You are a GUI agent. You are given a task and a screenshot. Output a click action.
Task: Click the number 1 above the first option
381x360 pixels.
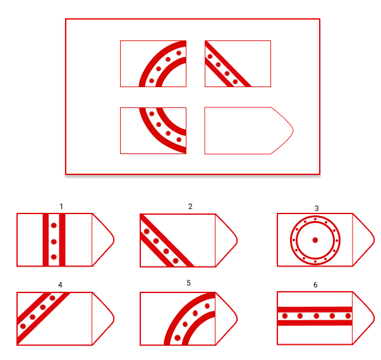pos(61,207)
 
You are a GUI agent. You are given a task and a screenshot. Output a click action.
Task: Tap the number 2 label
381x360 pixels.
pos(190,207)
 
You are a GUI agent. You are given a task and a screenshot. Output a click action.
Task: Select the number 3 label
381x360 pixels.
pos(317,208)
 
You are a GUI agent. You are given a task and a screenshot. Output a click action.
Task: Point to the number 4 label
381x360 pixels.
pos(60,285)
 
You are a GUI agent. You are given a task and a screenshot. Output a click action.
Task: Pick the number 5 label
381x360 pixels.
pos(188,283)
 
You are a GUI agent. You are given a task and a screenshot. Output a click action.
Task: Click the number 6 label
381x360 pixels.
pos(315,285)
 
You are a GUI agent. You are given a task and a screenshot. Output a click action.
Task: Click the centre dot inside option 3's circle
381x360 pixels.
pos(315,240)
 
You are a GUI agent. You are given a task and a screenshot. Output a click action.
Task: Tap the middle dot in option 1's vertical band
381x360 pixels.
pos(54,242)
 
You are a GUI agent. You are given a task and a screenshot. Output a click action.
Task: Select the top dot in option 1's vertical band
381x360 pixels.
pos(54,225)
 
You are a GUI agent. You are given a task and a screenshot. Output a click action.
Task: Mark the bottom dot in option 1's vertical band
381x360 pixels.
pos(54,257)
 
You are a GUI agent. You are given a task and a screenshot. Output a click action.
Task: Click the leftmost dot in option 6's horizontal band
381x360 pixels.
pos(285,316)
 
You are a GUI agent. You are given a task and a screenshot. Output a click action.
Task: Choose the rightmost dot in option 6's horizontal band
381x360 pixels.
pos(348,316)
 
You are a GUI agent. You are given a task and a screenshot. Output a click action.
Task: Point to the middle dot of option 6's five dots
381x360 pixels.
pos(317,316)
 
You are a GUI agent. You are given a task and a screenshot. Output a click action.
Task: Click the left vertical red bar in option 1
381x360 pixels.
pos(45,240)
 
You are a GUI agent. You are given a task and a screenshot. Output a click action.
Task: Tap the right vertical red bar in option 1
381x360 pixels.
pos(62,240)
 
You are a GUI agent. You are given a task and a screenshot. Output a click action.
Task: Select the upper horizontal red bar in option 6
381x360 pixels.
pos(315,309)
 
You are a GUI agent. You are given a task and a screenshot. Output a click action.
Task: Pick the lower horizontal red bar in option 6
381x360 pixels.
pos(315,323)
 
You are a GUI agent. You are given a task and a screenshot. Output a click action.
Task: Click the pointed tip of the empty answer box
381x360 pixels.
pos(293,131)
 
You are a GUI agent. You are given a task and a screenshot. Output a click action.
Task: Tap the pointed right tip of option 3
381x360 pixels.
pos(374,240)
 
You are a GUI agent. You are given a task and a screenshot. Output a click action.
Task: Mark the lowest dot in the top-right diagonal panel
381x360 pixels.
pos(235,81)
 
